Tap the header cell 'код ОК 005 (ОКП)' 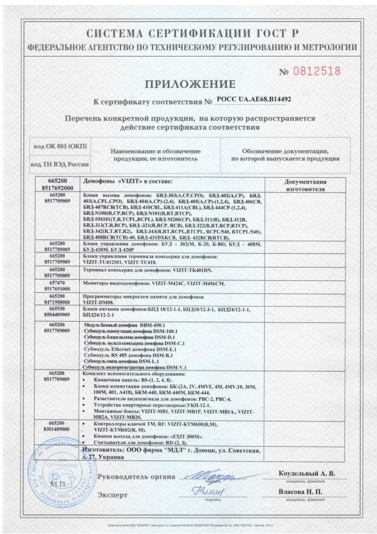coord(61,146)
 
